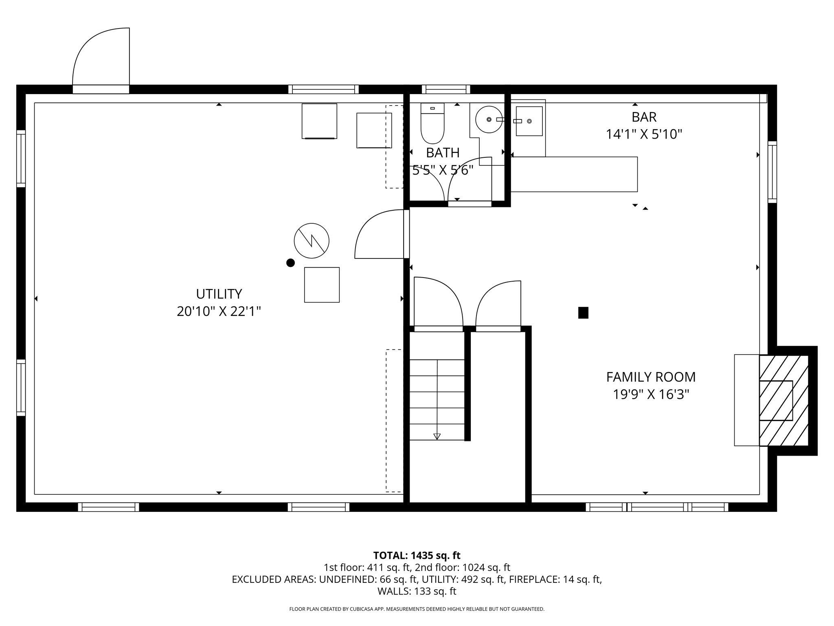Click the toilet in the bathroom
pyautogui.click(x=432, y=123)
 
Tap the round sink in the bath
pyautogui.click(x=489, y=119)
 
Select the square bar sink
pyautogui.click(x=529, y=121)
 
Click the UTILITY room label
pyautogui.click(x=219, y=294)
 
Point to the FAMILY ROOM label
pyautogui.click(x=651, y=377)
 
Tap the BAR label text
pyautogui.click(x=644, y=117)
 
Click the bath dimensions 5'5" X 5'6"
pyautogui.click(x=443, y=170)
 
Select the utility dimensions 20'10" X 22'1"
pyautogui.click(x=219, y=311)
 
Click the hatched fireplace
pyautogui.click(x=784, y=400)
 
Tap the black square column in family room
pyautogui.click(x=583, y=313)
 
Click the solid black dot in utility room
pyautogui.click(x=290, y=263)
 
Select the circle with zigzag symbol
pyautogui.click(x=312, y=240)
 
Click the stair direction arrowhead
pyautogui.click(x=437, y=436)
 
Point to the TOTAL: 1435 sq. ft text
pyautogui.click(x=417, y=555)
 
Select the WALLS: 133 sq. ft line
pyautogui.click(x=417, y=591)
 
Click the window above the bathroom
pyautogui.click(x=446, y=89)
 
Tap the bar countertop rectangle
pyautogui.click(x=574, y=174)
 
